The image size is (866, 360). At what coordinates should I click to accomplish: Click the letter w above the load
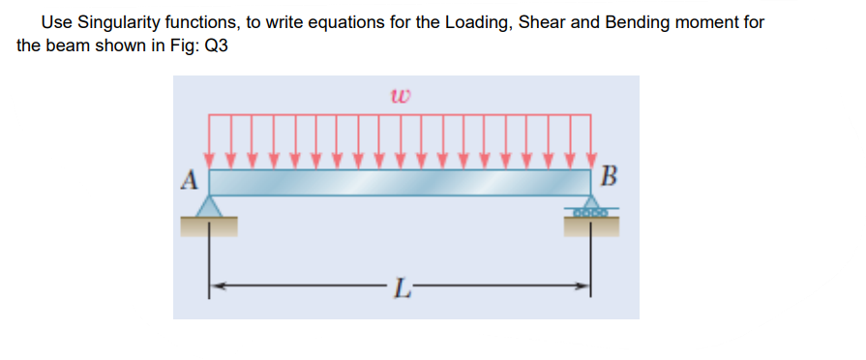point(401,95)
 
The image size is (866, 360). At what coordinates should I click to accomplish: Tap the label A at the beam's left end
point(191,179)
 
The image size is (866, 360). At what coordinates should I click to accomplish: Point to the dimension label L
point(401,287)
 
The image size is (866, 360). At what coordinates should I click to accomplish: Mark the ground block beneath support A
point(209,226)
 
